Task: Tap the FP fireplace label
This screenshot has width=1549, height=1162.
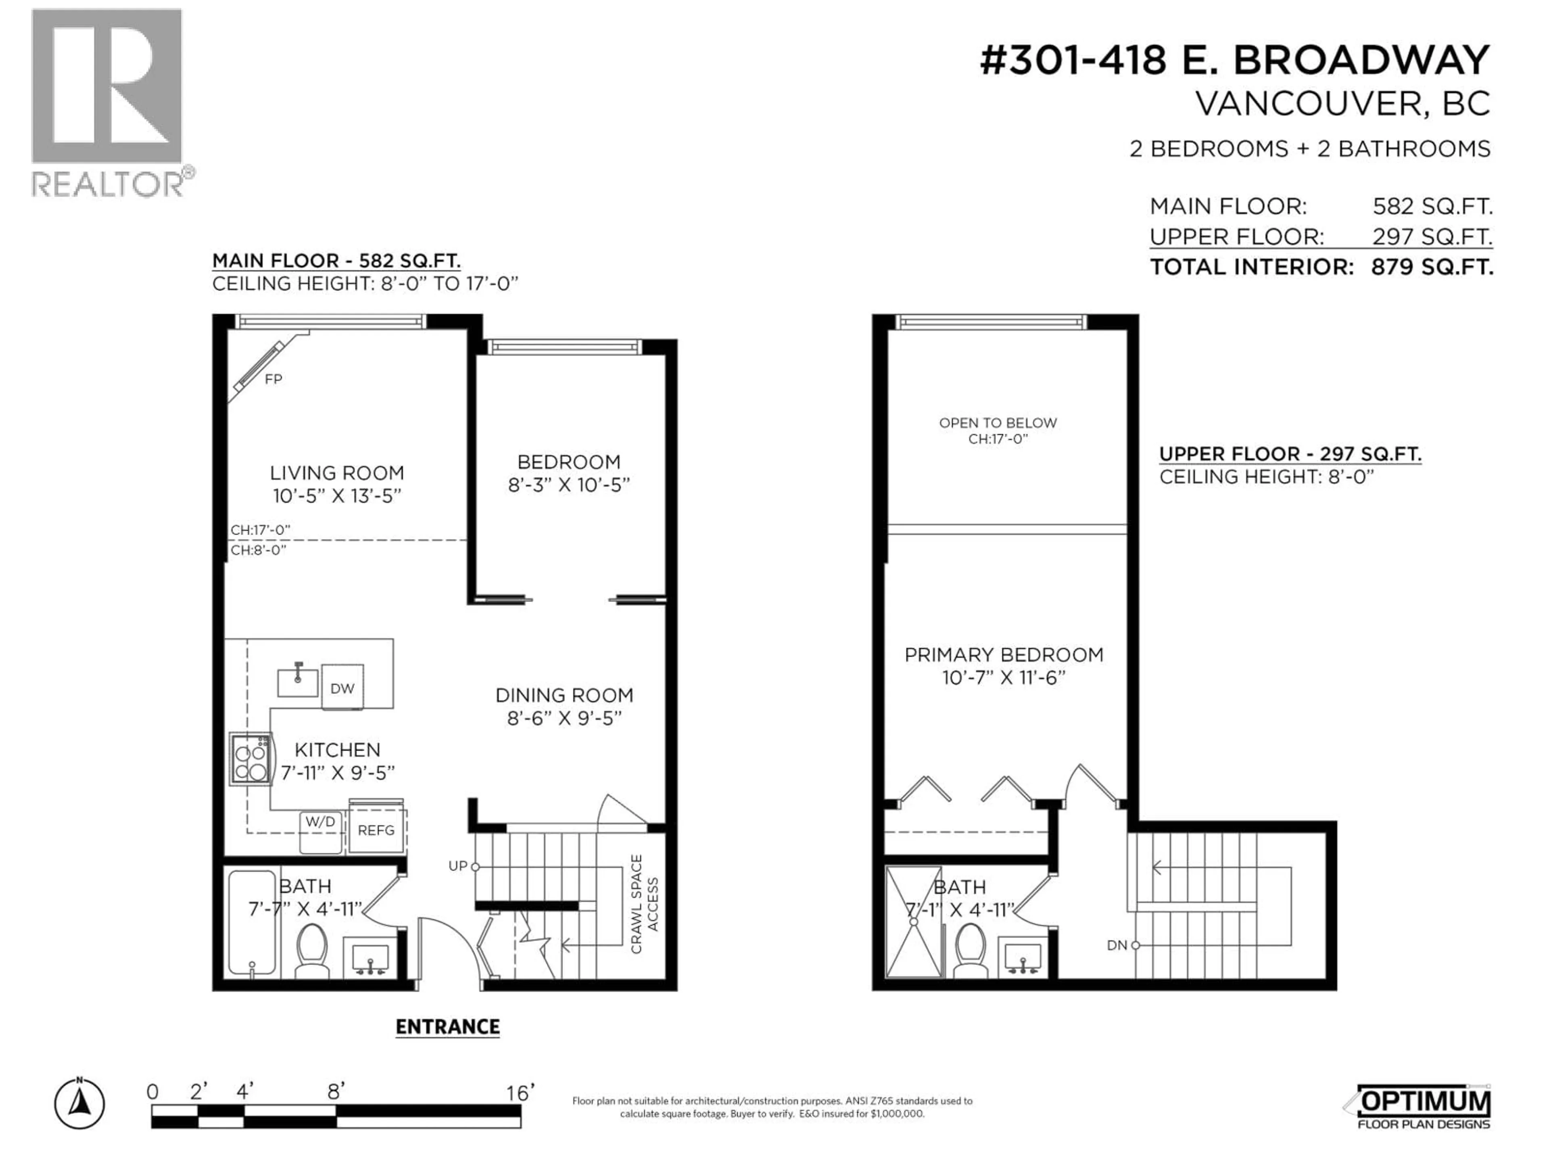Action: tap(273, 379)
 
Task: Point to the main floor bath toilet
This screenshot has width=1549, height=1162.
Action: tap(312, 949)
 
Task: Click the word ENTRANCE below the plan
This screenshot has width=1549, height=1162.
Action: tap(447, 1027)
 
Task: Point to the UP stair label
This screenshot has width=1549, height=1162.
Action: tap(457, 866)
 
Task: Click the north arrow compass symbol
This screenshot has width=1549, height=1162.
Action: tap(80, 1105)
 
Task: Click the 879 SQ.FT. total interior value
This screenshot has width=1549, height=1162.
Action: tap(1431, 267)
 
